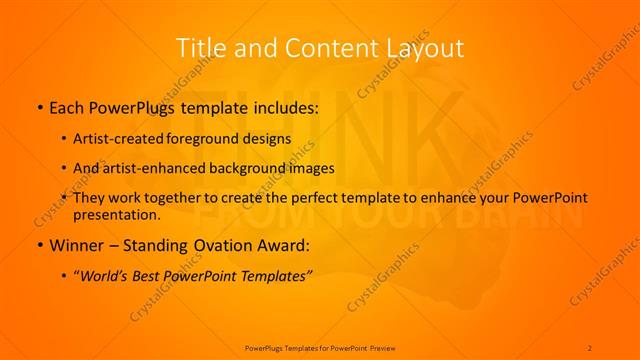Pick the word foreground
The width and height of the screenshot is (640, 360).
214,138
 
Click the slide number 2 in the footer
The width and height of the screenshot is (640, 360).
590,347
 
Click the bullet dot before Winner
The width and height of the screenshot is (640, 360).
39,244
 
